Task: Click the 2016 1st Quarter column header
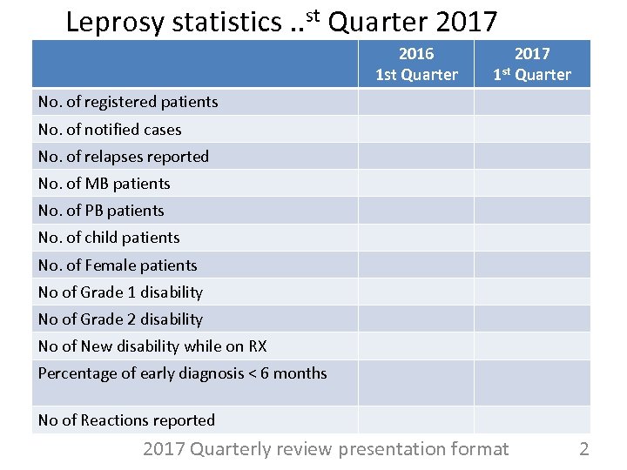click(416, 64)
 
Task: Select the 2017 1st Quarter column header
click(532, 64)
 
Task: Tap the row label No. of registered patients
click(128, 102)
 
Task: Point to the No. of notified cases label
click(110, 130)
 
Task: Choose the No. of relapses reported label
click(124, 157)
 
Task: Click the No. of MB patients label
click(104, 184)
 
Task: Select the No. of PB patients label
click(101, 211)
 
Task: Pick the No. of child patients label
click(109, 238)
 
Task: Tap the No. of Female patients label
click(118, 265)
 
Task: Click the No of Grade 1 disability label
click(120, 292)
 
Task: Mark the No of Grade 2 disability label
click(120, 319)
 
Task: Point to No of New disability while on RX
click(152, 346)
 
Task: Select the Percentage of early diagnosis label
click(183, 373)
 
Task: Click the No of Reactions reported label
click(126, 420)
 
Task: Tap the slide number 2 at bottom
click(584, 449)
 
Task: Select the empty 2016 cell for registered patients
click(415, 102)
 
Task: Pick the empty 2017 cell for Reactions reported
click(532, 420)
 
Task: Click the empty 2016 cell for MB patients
click(415, 184)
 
